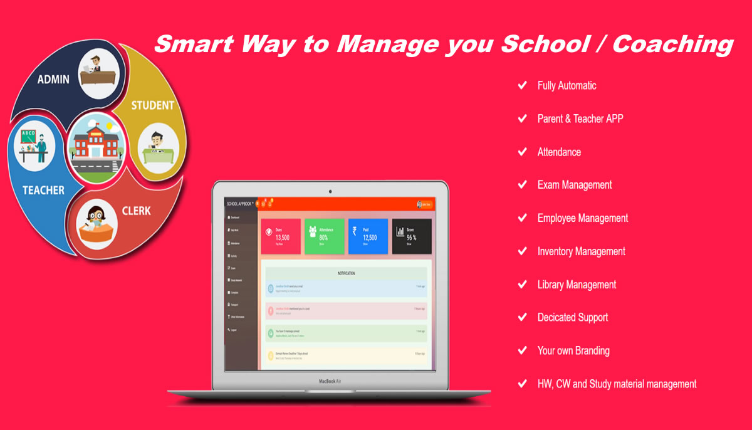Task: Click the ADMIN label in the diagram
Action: click(x=53, y=80)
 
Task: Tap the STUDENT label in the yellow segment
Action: click(x=152, y=105)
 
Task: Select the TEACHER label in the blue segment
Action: click(x=44, y=189)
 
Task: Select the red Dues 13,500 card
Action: click(x=281, y=236)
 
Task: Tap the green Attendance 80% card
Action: click(x=325, y=236)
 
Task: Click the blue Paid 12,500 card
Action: click(x=368, y=236)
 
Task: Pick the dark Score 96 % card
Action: click(x=412, y=236)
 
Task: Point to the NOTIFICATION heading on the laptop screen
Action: click(x=346, y=273)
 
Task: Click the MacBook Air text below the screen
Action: click(x=330, y=380)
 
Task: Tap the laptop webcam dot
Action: click(x=330, y=191)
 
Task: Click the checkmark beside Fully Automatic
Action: click(x=522, y=85)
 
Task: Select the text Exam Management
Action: click(x=574, y=185)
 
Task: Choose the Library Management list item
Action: click(x=577, y=285)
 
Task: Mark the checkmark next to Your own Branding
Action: click(x=522, y=350)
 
